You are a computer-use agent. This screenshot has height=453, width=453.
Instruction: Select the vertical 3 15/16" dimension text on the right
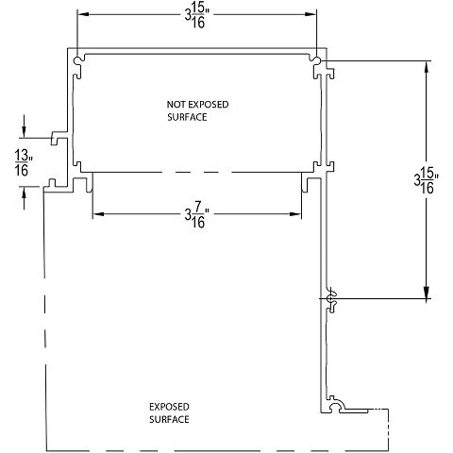click(x=426, y=180)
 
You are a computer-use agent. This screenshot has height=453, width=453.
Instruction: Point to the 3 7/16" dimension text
click(x=196, y=216)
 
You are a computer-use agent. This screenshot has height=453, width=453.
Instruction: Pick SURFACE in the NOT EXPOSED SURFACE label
click(x=186, y=119)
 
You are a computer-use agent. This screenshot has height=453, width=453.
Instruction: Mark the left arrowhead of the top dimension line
click(x=82, y=14)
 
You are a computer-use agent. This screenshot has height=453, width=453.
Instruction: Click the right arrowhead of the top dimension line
click(x=310, y=14)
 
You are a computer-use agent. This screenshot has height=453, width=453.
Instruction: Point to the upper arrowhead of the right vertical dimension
click(x=427, y=69)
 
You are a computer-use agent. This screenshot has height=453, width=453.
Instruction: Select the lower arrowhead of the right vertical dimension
click(x=427, y=294)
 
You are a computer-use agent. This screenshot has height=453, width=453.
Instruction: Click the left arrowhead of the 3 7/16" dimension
click(x=98, y=211)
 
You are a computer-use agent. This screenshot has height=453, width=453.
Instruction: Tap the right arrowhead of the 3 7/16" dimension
click(x=299, y=211)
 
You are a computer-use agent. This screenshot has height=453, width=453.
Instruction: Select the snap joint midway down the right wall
click(x=330, y=299)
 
